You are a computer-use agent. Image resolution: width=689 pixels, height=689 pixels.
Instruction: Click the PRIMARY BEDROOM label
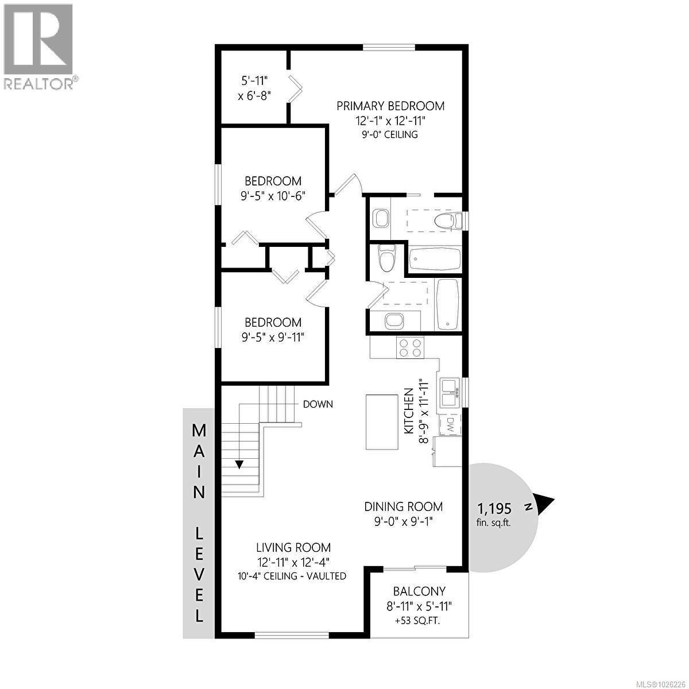tap(390, 106)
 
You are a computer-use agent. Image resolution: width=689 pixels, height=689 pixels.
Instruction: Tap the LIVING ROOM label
tap(293, 548)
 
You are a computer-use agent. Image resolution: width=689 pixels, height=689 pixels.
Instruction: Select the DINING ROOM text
tap(404, 506)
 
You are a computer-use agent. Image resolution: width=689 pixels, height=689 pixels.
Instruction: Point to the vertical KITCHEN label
tap(409, 411)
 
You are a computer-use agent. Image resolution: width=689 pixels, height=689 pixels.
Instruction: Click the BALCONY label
tap(419, 591)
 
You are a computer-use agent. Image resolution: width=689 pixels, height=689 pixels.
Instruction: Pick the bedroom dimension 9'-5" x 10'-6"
tap(273, 195)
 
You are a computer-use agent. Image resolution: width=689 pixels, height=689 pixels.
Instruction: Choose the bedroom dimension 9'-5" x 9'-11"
tap(273, 336)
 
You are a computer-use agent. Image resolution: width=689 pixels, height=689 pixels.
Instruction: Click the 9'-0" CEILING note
tap(390, 135)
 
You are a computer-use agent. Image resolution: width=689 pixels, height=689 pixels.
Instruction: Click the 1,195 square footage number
tap(494, 508)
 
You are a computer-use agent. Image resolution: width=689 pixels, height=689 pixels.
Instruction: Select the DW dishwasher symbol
tap(450, 425)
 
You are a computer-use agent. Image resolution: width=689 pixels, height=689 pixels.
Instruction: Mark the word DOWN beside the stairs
tap(318, 404)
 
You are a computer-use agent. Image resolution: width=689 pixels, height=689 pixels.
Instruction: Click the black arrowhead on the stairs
tap(238, 464)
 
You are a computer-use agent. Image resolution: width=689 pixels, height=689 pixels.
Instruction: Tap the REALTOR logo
tap(38, 46)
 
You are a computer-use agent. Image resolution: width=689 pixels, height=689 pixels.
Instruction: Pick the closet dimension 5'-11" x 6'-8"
tap(254, 88)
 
